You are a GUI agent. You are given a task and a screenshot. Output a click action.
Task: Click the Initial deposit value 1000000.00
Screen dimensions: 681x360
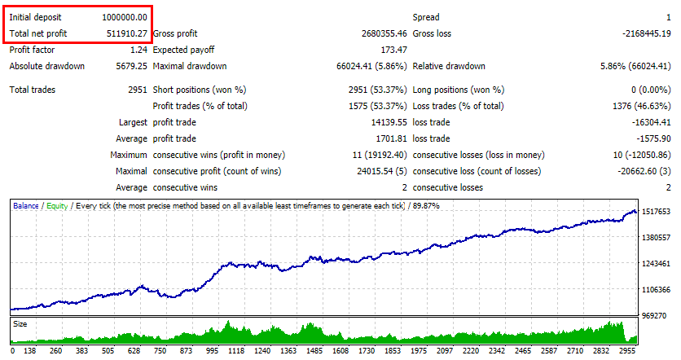coord(125,17)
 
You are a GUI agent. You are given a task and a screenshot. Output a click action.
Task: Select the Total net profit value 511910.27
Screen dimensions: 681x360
coord(127,33)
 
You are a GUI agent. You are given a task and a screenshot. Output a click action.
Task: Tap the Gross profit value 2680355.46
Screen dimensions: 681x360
coord(384,33)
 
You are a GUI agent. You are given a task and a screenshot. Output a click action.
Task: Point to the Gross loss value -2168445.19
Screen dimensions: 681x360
coord(646,33)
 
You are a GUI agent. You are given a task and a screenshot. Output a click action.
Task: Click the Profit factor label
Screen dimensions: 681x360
coord(32,50)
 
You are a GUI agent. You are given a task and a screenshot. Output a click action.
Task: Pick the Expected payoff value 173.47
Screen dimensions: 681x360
coord(394,50)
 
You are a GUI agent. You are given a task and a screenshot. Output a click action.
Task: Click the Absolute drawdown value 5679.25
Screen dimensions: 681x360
coord(132,66)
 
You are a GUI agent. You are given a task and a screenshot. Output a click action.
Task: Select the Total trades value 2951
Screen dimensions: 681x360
coord(138,90)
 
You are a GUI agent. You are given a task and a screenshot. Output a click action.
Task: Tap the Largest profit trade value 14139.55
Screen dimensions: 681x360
coord(389,122)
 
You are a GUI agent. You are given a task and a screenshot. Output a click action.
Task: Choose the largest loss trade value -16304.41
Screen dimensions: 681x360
coord(651,122)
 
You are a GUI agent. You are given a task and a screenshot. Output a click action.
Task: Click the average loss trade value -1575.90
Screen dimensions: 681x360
coord(653,138)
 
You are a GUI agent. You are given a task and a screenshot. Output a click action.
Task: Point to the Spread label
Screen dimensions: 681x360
coord(426,17)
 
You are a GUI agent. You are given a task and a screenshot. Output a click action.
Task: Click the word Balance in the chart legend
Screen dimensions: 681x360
coord(25,206)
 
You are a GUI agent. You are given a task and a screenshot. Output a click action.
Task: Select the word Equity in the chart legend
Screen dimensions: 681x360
coord(57,206)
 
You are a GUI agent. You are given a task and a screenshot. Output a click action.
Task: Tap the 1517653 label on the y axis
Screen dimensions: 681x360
coord(657,212)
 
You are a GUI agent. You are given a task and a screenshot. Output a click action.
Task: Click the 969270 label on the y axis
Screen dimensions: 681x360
coord(654,316)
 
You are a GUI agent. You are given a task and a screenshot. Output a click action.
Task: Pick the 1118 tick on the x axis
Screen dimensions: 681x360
coord(236,351)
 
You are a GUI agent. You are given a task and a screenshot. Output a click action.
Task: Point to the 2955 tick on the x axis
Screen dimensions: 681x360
coord(627,351)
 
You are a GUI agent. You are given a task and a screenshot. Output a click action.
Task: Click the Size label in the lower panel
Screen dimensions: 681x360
coord(20,324)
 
